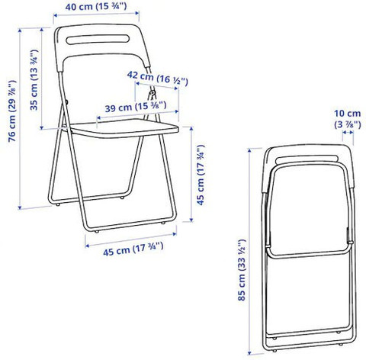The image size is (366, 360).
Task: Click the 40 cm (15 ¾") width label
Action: pyautogui.click(x=96, y=7)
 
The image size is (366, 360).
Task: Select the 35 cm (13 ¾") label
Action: pyautogui.click(x=34, y=81)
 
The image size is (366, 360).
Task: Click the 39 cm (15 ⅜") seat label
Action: pyautogui.click(x=132, y=108)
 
